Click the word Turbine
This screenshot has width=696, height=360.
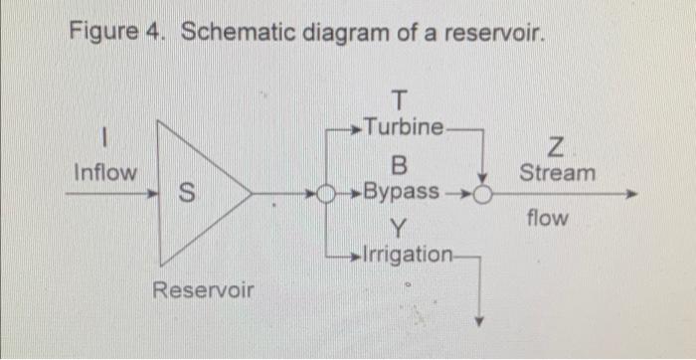pyautogui.click(x=405, y=127)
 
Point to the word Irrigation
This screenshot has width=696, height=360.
pyautogui.click(x=409, y=253)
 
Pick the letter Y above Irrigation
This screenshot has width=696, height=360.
pyautogui.click(x=397, y=226)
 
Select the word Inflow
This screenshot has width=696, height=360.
pyautogui.click(x=106, y=172)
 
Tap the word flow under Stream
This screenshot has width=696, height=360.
pyautogui.click(x=548, y=216)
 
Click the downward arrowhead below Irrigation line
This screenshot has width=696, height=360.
pyautogui.click(x=479, y=321)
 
